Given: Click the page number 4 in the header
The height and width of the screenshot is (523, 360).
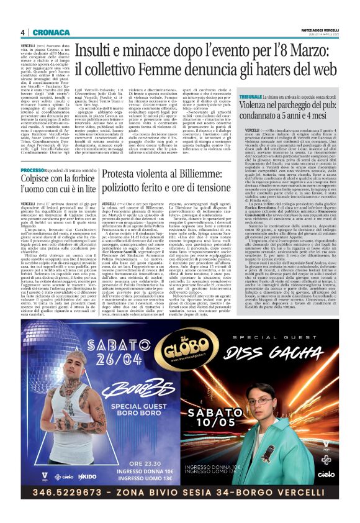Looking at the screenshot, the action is coord(22,32).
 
